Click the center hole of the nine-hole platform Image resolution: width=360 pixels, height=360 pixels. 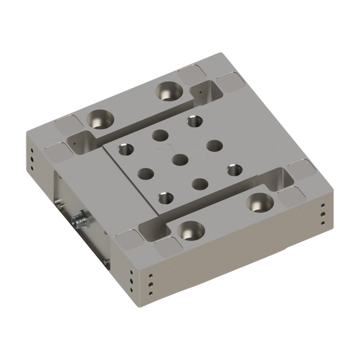[179, 159]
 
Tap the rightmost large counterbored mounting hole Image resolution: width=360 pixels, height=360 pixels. [257, 200]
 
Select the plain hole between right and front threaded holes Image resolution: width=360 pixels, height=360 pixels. [201, 182]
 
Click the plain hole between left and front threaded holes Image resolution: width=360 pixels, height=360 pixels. [143, 172]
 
